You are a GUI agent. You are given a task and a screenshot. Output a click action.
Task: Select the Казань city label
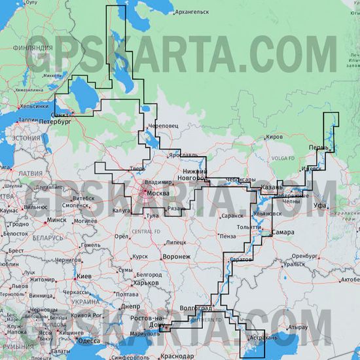(x=272, y=187)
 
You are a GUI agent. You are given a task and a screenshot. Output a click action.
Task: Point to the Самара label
(x=283, y=232)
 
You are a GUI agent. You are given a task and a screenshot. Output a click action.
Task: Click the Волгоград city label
(x=195, y=308)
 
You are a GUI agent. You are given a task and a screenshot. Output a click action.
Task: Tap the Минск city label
(x=57, y=221)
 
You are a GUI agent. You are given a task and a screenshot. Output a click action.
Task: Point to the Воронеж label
(x=177, y=257)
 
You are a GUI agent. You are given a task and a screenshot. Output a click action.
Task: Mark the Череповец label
(x=163, y=124)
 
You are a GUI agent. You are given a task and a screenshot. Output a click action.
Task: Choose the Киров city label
(x=275, y=137)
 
